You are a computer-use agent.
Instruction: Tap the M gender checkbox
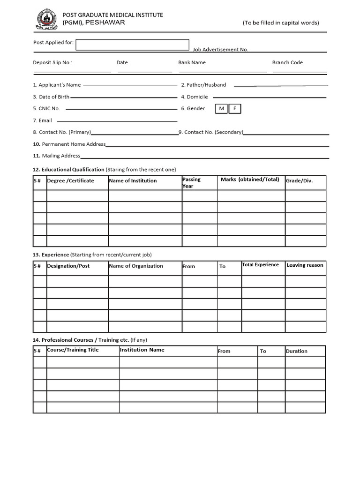pyautogui.click(x=221, y=109)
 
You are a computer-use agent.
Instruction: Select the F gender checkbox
pyautogui.click(x=235, y=109)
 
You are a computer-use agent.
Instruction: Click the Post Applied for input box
pyautogui.click(x=132, y=45)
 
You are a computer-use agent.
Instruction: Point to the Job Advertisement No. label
pyautogui.click(x=220, y=49)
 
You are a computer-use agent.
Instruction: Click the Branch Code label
pyautogui.click(x=287, y=62)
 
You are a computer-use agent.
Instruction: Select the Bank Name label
pyautogui.click(x=192, y=62)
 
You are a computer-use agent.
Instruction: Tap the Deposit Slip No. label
pyautogui.click(x=52, y=62)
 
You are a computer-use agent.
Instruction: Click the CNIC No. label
pyautogui.click(x=46, y=109)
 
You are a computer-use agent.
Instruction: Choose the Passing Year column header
pyautogui.click(x=191, y=182)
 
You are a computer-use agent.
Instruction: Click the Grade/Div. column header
pyautogui.click(x=299, y=181)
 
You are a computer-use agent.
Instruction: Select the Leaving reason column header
pyautogui.click(x=305, y=265)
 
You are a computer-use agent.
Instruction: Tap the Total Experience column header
pyautogui.click(x=260, y=265)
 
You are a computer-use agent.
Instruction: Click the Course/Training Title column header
pyautogui.click(x=73, y=350)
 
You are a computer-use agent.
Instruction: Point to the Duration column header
pyautogui.click(x=297, y=351)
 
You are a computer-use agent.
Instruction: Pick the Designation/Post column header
pyautogui.click(x=68, y=266)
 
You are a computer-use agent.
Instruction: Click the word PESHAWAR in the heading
pyautogui.click(x=106, y=22)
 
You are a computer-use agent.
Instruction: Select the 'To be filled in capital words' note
pyautogui.click(x=280, y=22)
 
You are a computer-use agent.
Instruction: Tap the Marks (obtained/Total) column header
pyautogui.click(x=250, y=180)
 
